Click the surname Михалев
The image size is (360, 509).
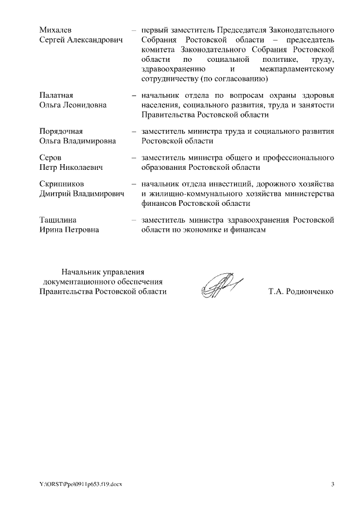click(56, 29)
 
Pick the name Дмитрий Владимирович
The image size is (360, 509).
click(81, 194)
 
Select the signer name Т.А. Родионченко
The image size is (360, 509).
click(301, 292)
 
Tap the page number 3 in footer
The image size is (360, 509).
click(332, 485)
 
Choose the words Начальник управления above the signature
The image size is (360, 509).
click(103, 271)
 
